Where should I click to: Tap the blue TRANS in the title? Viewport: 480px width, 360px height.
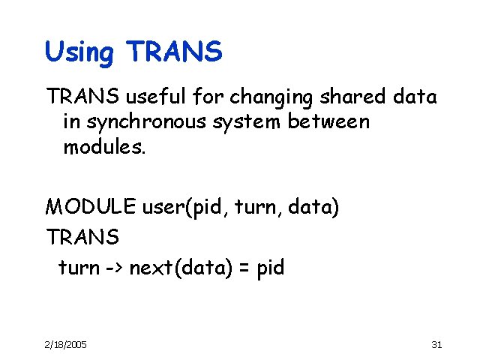175,51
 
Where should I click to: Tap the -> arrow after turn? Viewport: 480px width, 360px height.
112,268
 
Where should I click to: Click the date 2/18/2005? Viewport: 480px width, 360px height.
65,343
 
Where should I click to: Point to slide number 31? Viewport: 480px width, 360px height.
438,343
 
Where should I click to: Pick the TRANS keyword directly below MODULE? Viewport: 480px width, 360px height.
82,237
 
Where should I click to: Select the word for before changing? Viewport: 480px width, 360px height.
211,97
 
